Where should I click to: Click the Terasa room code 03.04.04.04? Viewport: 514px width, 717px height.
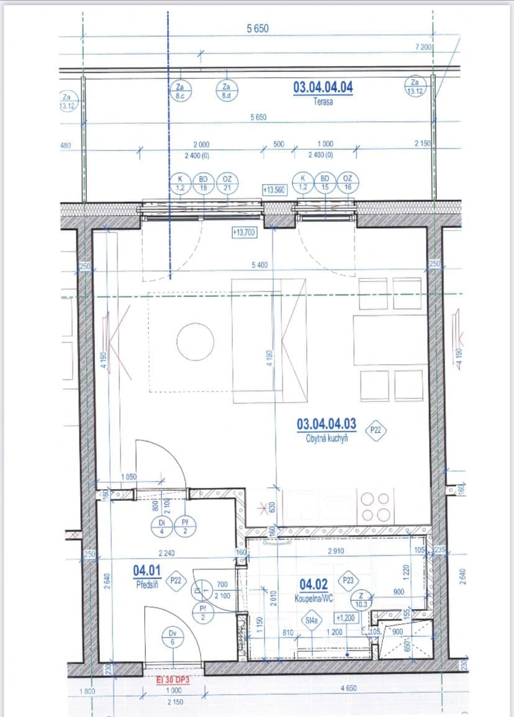[x=322, y=87]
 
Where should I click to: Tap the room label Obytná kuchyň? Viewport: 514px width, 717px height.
[x=327, y=438]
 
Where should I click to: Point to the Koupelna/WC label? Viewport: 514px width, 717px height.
[x=314, y=600]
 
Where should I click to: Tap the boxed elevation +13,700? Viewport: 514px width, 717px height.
[x=244, y=232]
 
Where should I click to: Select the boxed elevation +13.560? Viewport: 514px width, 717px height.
[x=274, y=190]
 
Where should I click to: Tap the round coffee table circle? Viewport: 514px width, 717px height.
[x=195, y=340]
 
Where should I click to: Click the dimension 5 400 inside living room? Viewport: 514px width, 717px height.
[x=259, y=265]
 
